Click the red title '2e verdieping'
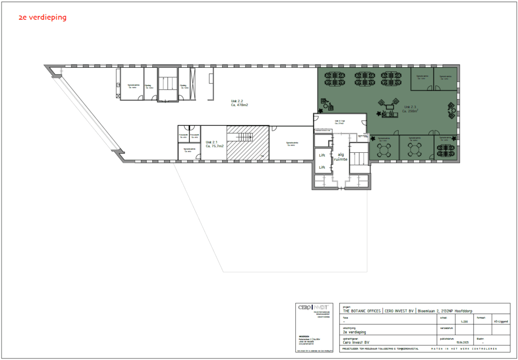tap(42, 18)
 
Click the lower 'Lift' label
tap(321, 167)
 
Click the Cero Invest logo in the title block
tap(313, 307)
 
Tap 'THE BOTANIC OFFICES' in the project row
tap(361, 311)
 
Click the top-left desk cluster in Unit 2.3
tap(335, 78)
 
